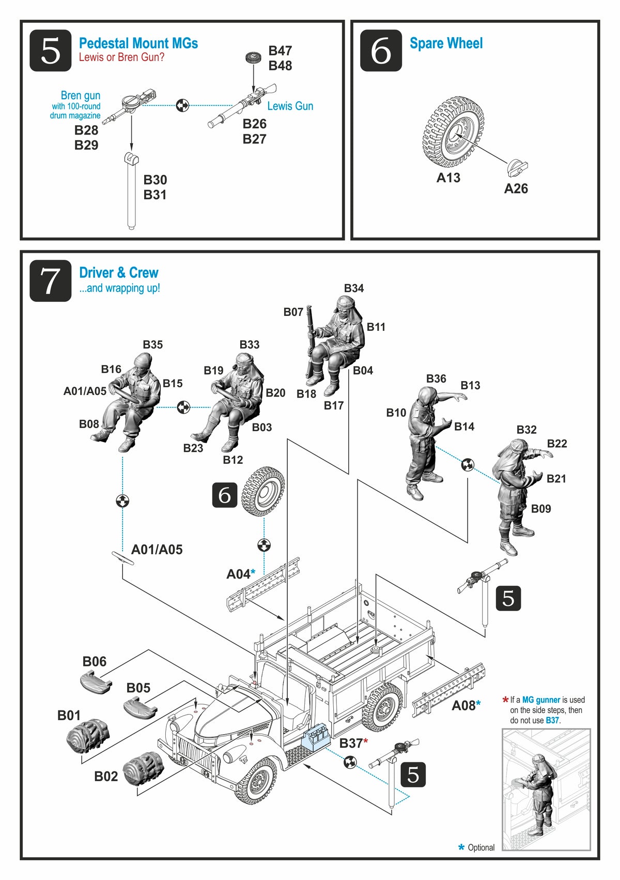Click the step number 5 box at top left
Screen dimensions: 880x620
[50, 51]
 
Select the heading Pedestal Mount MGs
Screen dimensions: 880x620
[138, 43]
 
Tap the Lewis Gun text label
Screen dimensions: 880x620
[290, 106]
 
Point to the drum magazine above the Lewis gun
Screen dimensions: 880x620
[253, 58]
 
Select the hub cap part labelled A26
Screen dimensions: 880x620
[517, 168]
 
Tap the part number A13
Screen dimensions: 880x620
[448, 178]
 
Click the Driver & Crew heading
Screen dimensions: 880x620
[118, 273]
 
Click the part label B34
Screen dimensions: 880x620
[354, 289]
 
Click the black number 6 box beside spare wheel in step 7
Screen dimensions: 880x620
[225, 495]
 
